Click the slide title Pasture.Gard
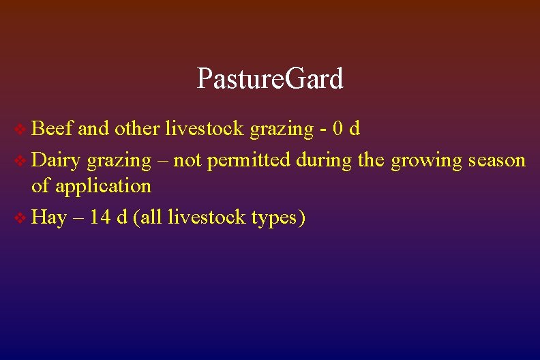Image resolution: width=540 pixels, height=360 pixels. (x=270, y=79)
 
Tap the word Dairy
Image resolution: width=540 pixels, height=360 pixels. (x=57, y=161)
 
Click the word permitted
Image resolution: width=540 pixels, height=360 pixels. (x=250, y=162)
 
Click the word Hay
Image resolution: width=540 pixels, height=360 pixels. (x=49, y=219)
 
